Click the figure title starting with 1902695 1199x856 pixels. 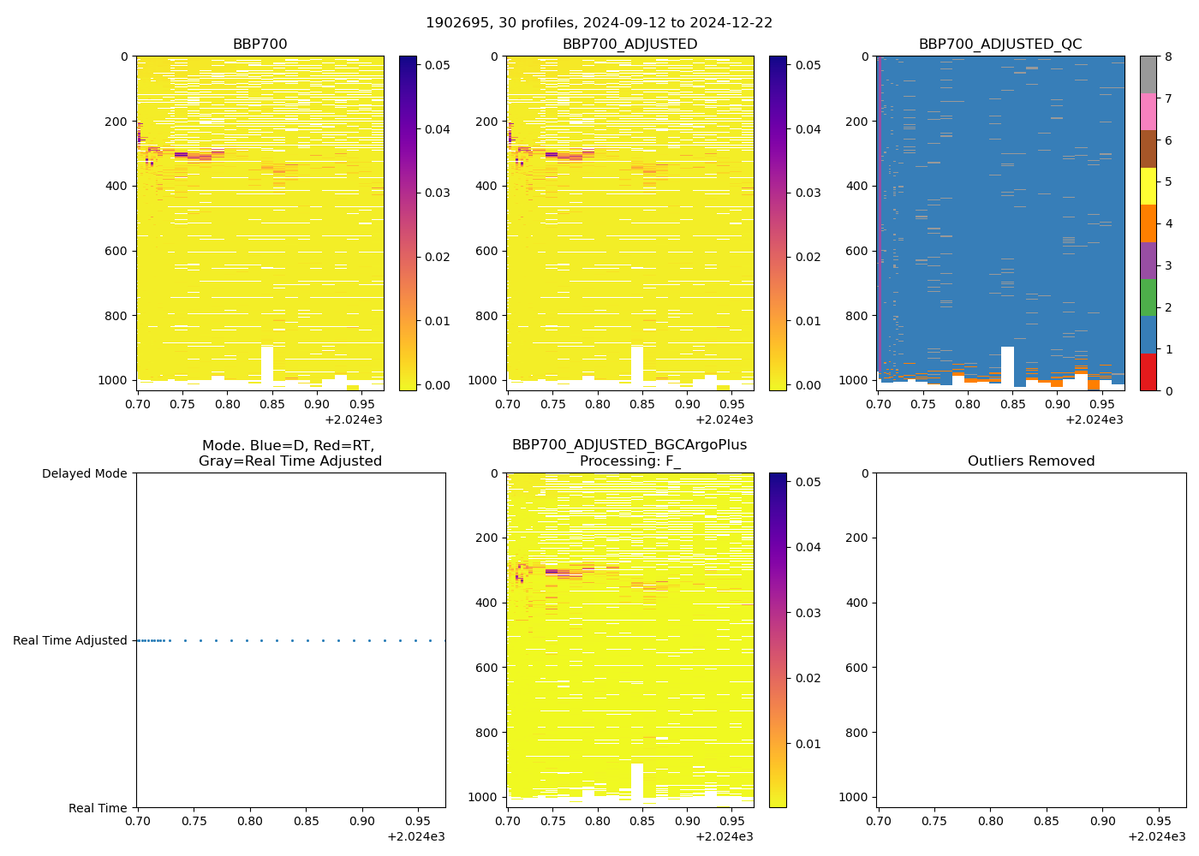(599, 23)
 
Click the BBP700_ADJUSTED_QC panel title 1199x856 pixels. (1000, 45)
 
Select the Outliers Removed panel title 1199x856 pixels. (1031, 461)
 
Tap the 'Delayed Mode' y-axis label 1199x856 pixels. (84, 473)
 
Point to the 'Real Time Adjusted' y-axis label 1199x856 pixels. (69, 640)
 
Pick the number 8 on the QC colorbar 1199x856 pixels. (1167, 56)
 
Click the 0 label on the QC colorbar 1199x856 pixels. (1167, 390)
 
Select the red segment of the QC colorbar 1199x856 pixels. (1148, 372)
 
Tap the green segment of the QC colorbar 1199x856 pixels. (1148, 298)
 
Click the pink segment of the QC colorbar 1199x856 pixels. (1148, 112)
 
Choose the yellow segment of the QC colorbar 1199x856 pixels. (1148, 186)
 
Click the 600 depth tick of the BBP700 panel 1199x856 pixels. (117, 251)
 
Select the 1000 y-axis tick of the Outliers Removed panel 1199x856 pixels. (854, 797)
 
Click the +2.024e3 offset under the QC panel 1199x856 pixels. (1094, 419)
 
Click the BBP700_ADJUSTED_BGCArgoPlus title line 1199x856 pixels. (629, 445)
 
